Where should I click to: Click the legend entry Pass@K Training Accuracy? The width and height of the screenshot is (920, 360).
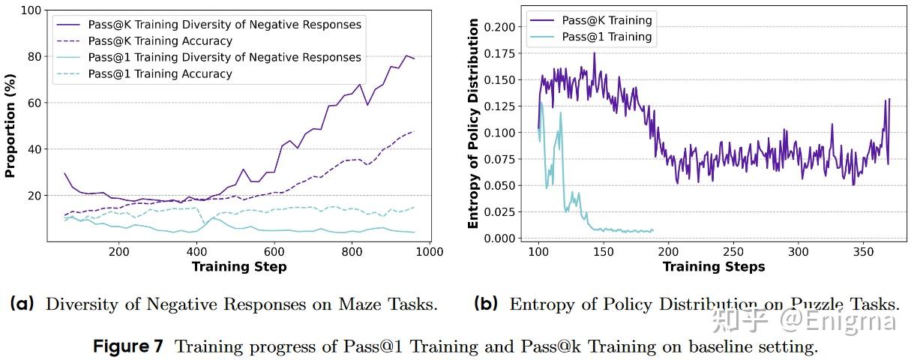click(x=160, y=41)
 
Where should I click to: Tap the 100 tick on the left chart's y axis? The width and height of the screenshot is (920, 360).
click(x=28, y=10)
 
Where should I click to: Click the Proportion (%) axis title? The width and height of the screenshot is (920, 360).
click(x=10, y=126)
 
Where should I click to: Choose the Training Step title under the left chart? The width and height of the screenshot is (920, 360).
click(x=238, y=267)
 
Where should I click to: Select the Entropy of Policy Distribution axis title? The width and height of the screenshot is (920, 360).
click(x=473, y=124)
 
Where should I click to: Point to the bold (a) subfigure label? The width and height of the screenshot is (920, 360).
click(x=22, y=304)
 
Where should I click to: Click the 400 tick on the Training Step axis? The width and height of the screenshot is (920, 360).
click(x=196, y=252)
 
